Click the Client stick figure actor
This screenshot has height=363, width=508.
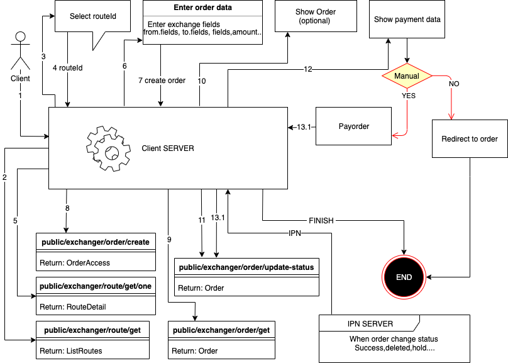click(x=21, y=51)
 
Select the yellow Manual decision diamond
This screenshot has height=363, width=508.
click(x=407, y=76)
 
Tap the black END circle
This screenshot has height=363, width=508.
click(x=404, y=277)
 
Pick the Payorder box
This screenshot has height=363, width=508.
click(x=353, y=126)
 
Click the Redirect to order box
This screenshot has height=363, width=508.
click(x=470, y=138)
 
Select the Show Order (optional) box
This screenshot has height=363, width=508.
click(x=315, y=16)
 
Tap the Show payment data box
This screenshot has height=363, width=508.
click(x=407, y=20)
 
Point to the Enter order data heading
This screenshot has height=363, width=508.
click(x=202, y=8)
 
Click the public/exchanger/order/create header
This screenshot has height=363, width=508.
click(x=95, y=242)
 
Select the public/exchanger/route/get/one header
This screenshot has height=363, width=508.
click(x=95, y=286)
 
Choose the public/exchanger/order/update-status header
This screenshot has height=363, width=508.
click(x=246, y=267)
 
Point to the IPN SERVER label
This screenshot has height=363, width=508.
click(x=370, y=324)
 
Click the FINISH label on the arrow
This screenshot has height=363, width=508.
click(x=321, y=221)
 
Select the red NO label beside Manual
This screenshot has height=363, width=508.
click(x=453, y=83)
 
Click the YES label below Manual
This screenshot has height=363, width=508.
click(x=408, y=96)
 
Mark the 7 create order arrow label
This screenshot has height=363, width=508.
click(x=162, y=81)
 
